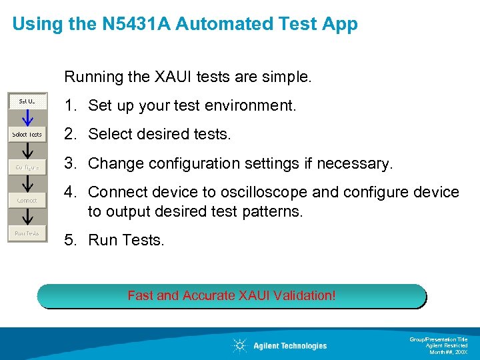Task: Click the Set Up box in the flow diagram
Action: [x=27, y=101]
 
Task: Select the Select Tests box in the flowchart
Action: [x=27, y=134]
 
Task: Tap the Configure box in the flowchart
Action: [x=27, y=167]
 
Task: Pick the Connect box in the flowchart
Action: [x=27, y=200]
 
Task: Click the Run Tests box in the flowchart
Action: [x=27, y=233]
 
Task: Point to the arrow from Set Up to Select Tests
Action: [x=27, y=118]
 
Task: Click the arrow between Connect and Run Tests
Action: [x=27, y=217]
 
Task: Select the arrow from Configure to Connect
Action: [x=27, y=184]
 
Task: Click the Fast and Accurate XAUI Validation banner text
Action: [x=231, y=295]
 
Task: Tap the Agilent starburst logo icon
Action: [x=239, y=345]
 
